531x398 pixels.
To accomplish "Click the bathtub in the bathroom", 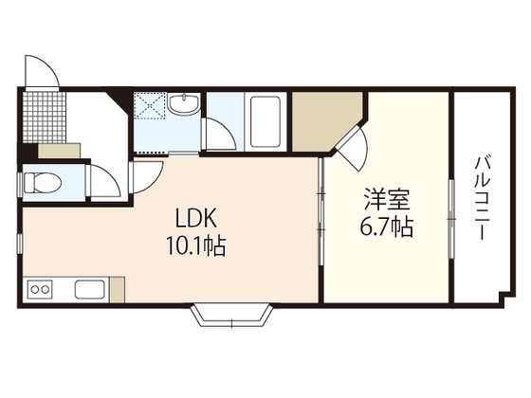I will click(264, 120).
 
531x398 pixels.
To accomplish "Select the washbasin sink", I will click(184, 105).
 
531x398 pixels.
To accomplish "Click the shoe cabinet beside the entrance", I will click(59, 150).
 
